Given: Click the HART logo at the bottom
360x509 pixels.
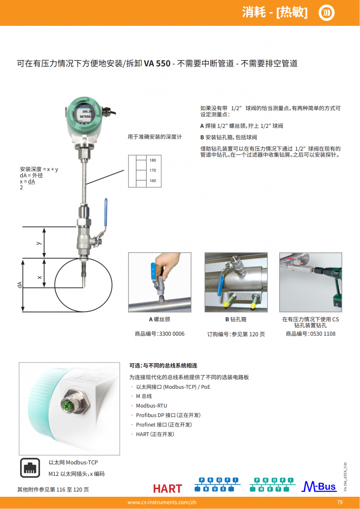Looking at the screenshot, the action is pos(168,488).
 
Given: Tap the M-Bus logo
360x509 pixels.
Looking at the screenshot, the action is pos(319,486).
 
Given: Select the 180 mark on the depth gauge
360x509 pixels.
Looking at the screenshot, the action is pos(153,160).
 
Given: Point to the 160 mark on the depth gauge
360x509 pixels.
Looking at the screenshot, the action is pos(153,181).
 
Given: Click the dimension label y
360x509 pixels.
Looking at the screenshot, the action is pos(39,243).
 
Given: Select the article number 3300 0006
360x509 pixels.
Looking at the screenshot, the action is pos(172,334).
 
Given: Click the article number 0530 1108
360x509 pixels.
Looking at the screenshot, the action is pos(323,334).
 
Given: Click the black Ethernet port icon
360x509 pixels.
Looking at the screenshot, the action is pos(30,468).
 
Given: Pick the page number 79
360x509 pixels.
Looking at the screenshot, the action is pos(340,502).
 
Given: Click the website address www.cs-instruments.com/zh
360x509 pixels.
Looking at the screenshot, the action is pos(162,502).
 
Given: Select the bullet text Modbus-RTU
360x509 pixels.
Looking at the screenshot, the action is pos(152,406).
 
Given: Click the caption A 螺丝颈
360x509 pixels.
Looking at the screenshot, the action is pos(159,319).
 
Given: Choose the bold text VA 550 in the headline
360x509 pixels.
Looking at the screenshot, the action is pos(157,63).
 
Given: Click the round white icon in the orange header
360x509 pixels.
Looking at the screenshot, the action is pos(327,13).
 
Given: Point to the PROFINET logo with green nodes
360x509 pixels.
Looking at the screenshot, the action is pos(273,485).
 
